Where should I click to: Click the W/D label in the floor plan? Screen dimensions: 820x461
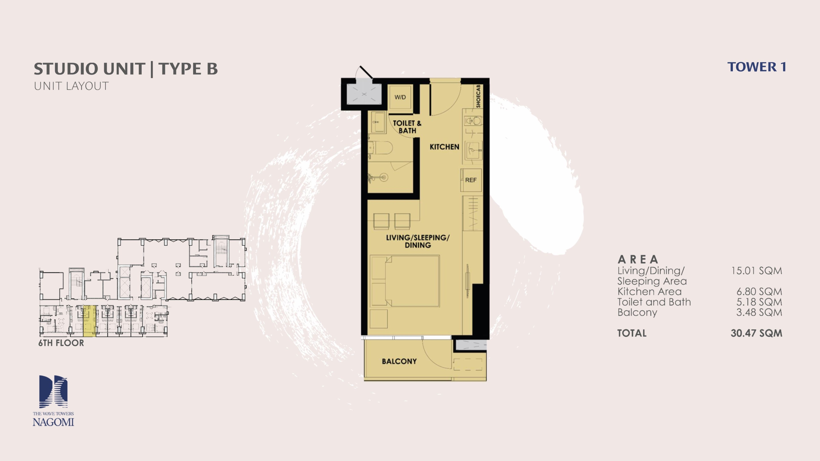coord(400,97)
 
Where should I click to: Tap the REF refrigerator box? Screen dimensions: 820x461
coord(471,180)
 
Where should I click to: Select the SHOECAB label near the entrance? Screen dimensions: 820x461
coord(478,96)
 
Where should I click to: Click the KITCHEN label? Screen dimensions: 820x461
coord(444,147)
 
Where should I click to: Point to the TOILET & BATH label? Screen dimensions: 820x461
coord(407,127)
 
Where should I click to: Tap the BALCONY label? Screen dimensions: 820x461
coord(399,361)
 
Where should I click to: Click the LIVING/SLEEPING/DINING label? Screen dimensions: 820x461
coord(418,241)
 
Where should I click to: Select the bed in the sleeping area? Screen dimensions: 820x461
coord(405,281)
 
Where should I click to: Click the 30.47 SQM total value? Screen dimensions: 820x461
coord(756,333)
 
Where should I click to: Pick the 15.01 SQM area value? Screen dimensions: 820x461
coord(756,271)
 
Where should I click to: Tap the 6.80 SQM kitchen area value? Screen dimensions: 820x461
coord(759,292)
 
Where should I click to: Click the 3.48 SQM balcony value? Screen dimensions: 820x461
coord(759,312)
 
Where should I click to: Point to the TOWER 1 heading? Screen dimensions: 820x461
coord(757,67)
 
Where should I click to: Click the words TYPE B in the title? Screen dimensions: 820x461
coord(188,69)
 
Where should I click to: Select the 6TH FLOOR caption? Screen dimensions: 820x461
coord(61,343)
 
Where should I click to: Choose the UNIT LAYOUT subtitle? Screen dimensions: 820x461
coord(71,86)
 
